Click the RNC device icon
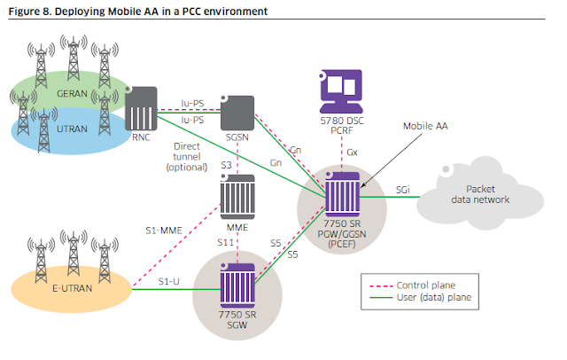pos(142,108)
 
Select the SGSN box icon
pos(237,111)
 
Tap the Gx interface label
pos(352,153)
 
